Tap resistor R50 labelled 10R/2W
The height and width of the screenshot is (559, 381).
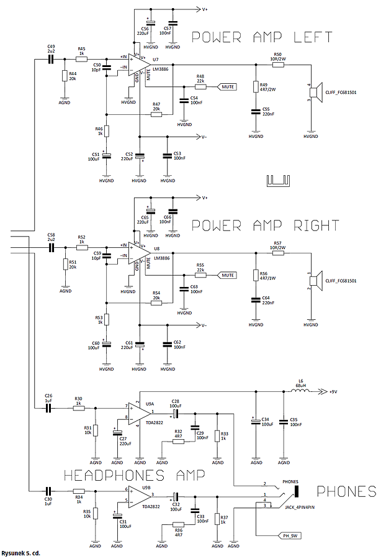pyautogui.click(x=277, y=64)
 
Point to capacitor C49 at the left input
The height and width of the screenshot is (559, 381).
pyautogui.click(x=51, y=59)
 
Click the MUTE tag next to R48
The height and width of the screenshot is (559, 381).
pyautogui.click(x=228, y=87)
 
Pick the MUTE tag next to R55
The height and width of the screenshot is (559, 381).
pyautogui.click(x=228, y=275)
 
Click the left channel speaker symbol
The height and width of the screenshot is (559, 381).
pyautogui.click(x=315, y=93)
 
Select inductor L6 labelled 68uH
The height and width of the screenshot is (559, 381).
pyautogui.click(x=300, y=392)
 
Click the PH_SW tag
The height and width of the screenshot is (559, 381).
pyautogui.click(x=289, y=534)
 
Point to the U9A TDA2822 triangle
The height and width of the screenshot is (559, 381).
pyautogui.click(x=139, y=413)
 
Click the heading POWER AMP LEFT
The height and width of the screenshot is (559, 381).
pyautogui.click(x=261, y=37)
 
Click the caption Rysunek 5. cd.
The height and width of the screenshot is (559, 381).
pyautogui.click(x=22, y=552)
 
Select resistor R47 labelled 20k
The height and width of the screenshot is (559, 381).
pyautogui.click(x=156, y=114)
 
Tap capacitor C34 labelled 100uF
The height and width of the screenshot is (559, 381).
pyautogui.click(x=255, y=422)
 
